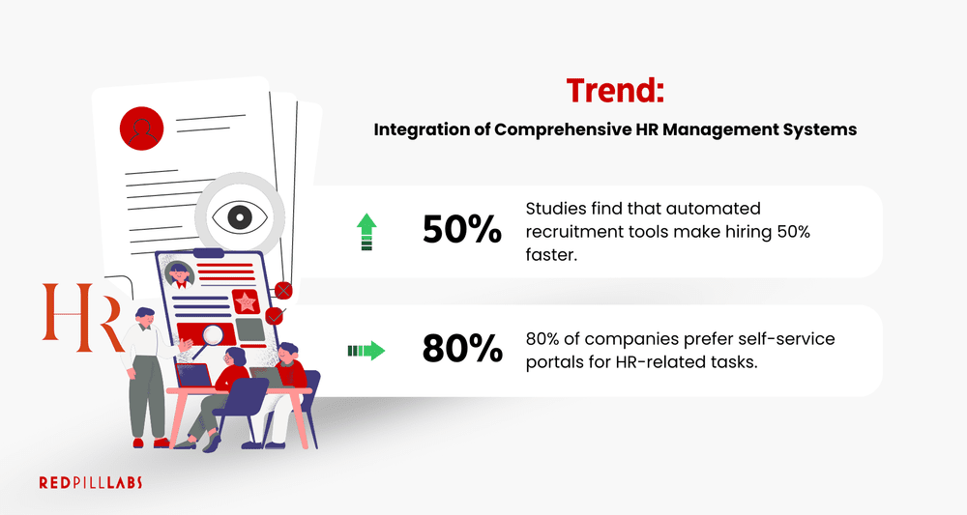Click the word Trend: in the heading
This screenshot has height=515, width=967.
[616, 91]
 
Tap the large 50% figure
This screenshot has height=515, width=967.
[461, 229]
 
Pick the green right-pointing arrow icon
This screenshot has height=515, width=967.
[366, 349]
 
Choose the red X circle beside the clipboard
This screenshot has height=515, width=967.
[283, 289]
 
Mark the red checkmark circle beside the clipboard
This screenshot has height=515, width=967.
[276, 315]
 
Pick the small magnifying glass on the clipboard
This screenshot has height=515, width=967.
[213, 334]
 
